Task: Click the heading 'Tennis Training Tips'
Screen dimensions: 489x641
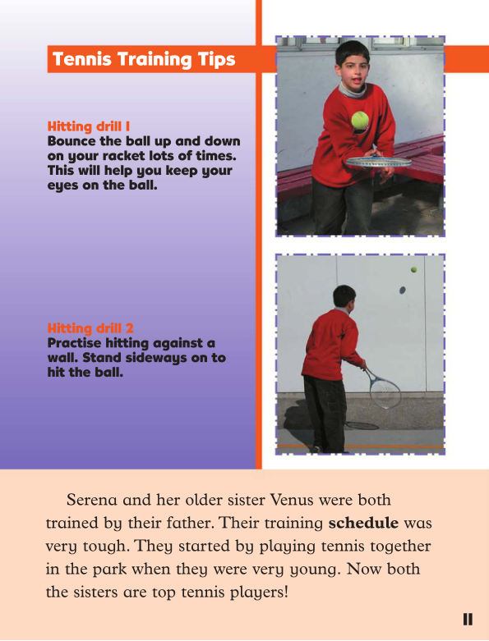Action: pyautogui.click(x=144, y=60)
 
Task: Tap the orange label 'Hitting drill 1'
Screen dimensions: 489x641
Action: pyautogui.click(x=89, y=127)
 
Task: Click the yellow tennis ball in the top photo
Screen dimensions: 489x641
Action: pyautogui.click(x=359, y=121)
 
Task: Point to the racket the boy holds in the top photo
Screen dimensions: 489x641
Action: pyautogui.click(x=378, y=163)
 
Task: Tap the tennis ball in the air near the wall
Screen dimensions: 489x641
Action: pyautogui.click(x=414, y=269)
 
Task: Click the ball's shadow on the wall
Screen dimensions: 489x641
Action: pyautogui.click(x=402, y=290)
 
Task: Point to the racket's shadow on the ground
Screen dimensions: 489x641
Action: pyautogui.click(x=362, y=425)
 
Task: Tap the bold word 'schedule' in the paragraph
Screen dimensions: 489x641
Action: pyautogui.click(x=363, y=522)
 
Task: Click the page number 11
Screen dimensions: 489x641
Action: pyautogui.click(x=467, y=620)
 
